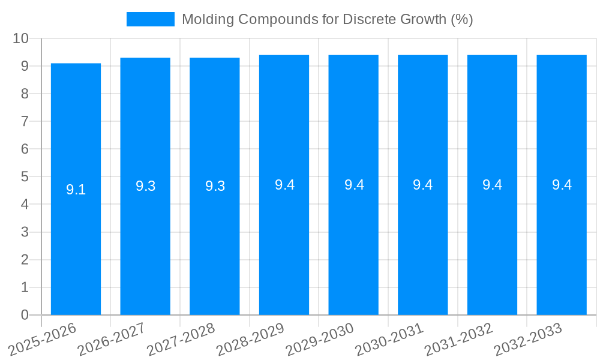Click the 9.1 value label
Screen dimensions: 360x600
(x=76, y=190)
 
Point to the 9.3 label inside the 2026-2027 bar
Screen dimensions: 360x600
(x=145, y=187)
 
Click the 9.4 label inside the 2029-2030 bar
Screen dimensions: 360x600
(x=353, y=185)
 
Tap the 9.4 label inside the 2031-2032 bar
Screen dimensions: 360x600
(x=492, y=185)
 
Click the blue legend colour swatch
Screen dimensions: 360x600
(x=150, y=19)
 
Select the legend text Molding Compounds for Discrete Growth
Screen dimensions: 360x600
(x=327, y=19)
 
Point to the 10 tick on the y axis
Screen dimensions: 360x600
(x=21, y=38)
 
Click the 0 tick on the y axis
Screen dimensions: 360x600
(x=25, y=315)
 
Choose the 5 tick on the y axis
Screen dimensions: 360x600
(x=25, y=177)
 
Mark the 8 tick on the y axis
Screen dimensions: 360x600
(x=25, y=94)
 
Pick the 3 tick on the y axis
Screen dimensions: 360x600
(x=25, y=232)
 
